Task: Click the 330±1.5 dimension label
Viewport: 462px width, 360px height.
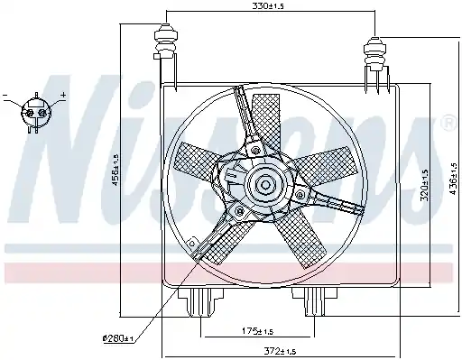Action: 268,6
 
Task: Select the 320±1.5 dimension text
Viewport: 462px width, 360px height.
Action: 424,186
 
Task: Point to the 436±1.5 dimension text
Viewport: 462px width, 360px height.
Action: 453,180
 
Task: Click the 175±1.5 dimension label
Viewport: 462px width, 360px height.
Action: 258,331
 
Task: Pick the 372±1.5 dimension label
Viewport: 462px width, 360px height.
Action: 280,351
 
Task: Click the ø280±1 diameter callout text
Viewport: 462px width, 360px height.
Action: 118,338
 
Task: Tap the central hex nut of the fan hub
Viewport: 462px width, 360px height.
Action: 265,184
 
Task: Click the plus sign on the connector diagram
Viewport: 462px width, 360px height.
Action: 63,95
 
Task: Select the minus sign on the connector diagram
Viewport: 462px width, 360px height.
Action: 5,96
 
